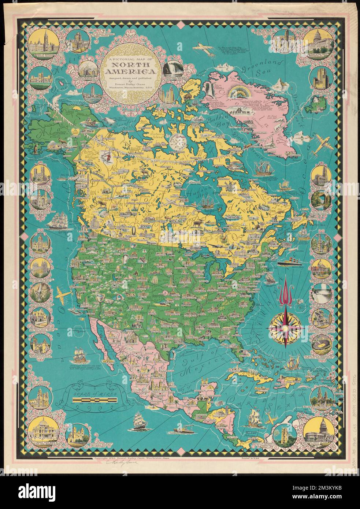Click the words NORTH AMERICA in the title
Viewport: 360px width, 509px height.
[127, 68]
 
